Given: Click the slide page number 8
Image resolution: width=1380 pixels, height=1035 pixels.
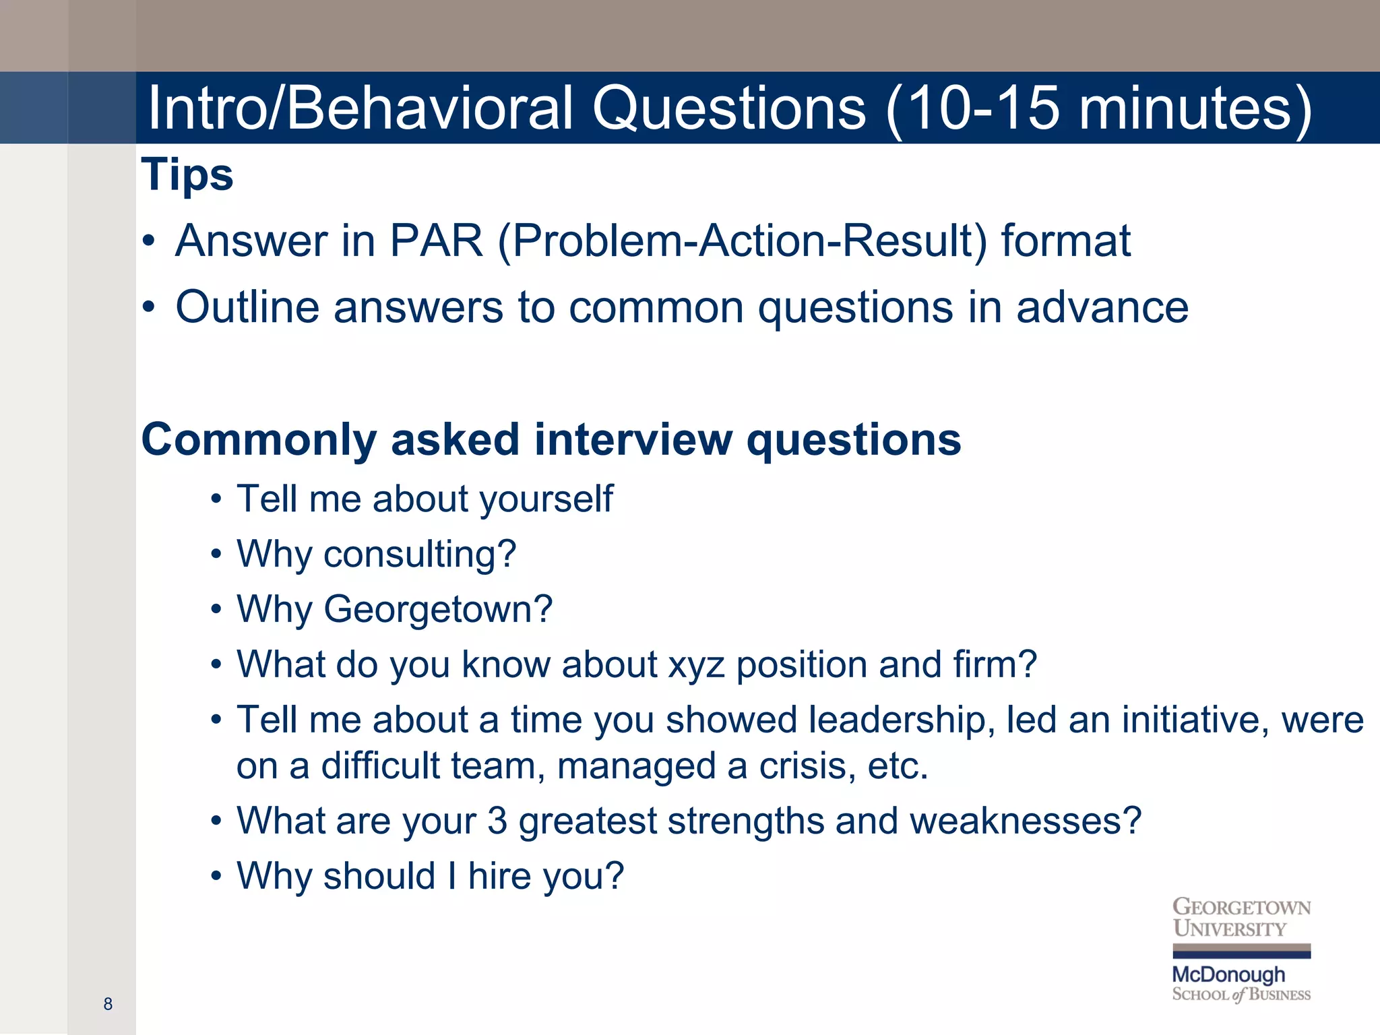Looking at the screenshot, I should (x=108, y=1004).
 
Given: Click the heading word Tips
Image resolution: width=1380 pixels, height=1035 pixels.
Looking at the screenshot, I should (x=187, y=175).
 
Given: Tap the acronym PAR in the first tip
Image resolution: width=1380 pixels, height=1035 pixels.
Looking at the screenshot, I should (x=437, y=241).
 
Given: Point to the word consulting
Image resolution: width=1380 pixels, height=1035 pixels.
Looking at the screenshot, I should (x=420, y=555).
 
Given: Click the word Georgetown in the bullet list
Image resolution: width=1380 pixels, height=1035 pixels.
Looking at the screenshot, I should (x=438, y=610).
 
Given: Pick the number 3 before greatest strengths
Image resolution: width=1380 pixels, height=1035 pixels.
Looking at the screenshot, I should (x=497, y=821).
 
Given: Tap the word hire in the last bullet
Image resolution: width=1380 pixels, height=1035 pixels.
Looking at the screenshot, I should (x=499, y=877).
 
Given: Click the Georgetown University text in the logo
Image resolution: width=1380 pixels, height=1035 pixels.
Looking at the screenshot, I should (x=1241, y=918).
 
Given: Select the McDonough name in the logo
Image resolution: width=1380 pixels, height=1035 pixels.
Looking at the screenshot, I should (x=1228, y=974).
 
